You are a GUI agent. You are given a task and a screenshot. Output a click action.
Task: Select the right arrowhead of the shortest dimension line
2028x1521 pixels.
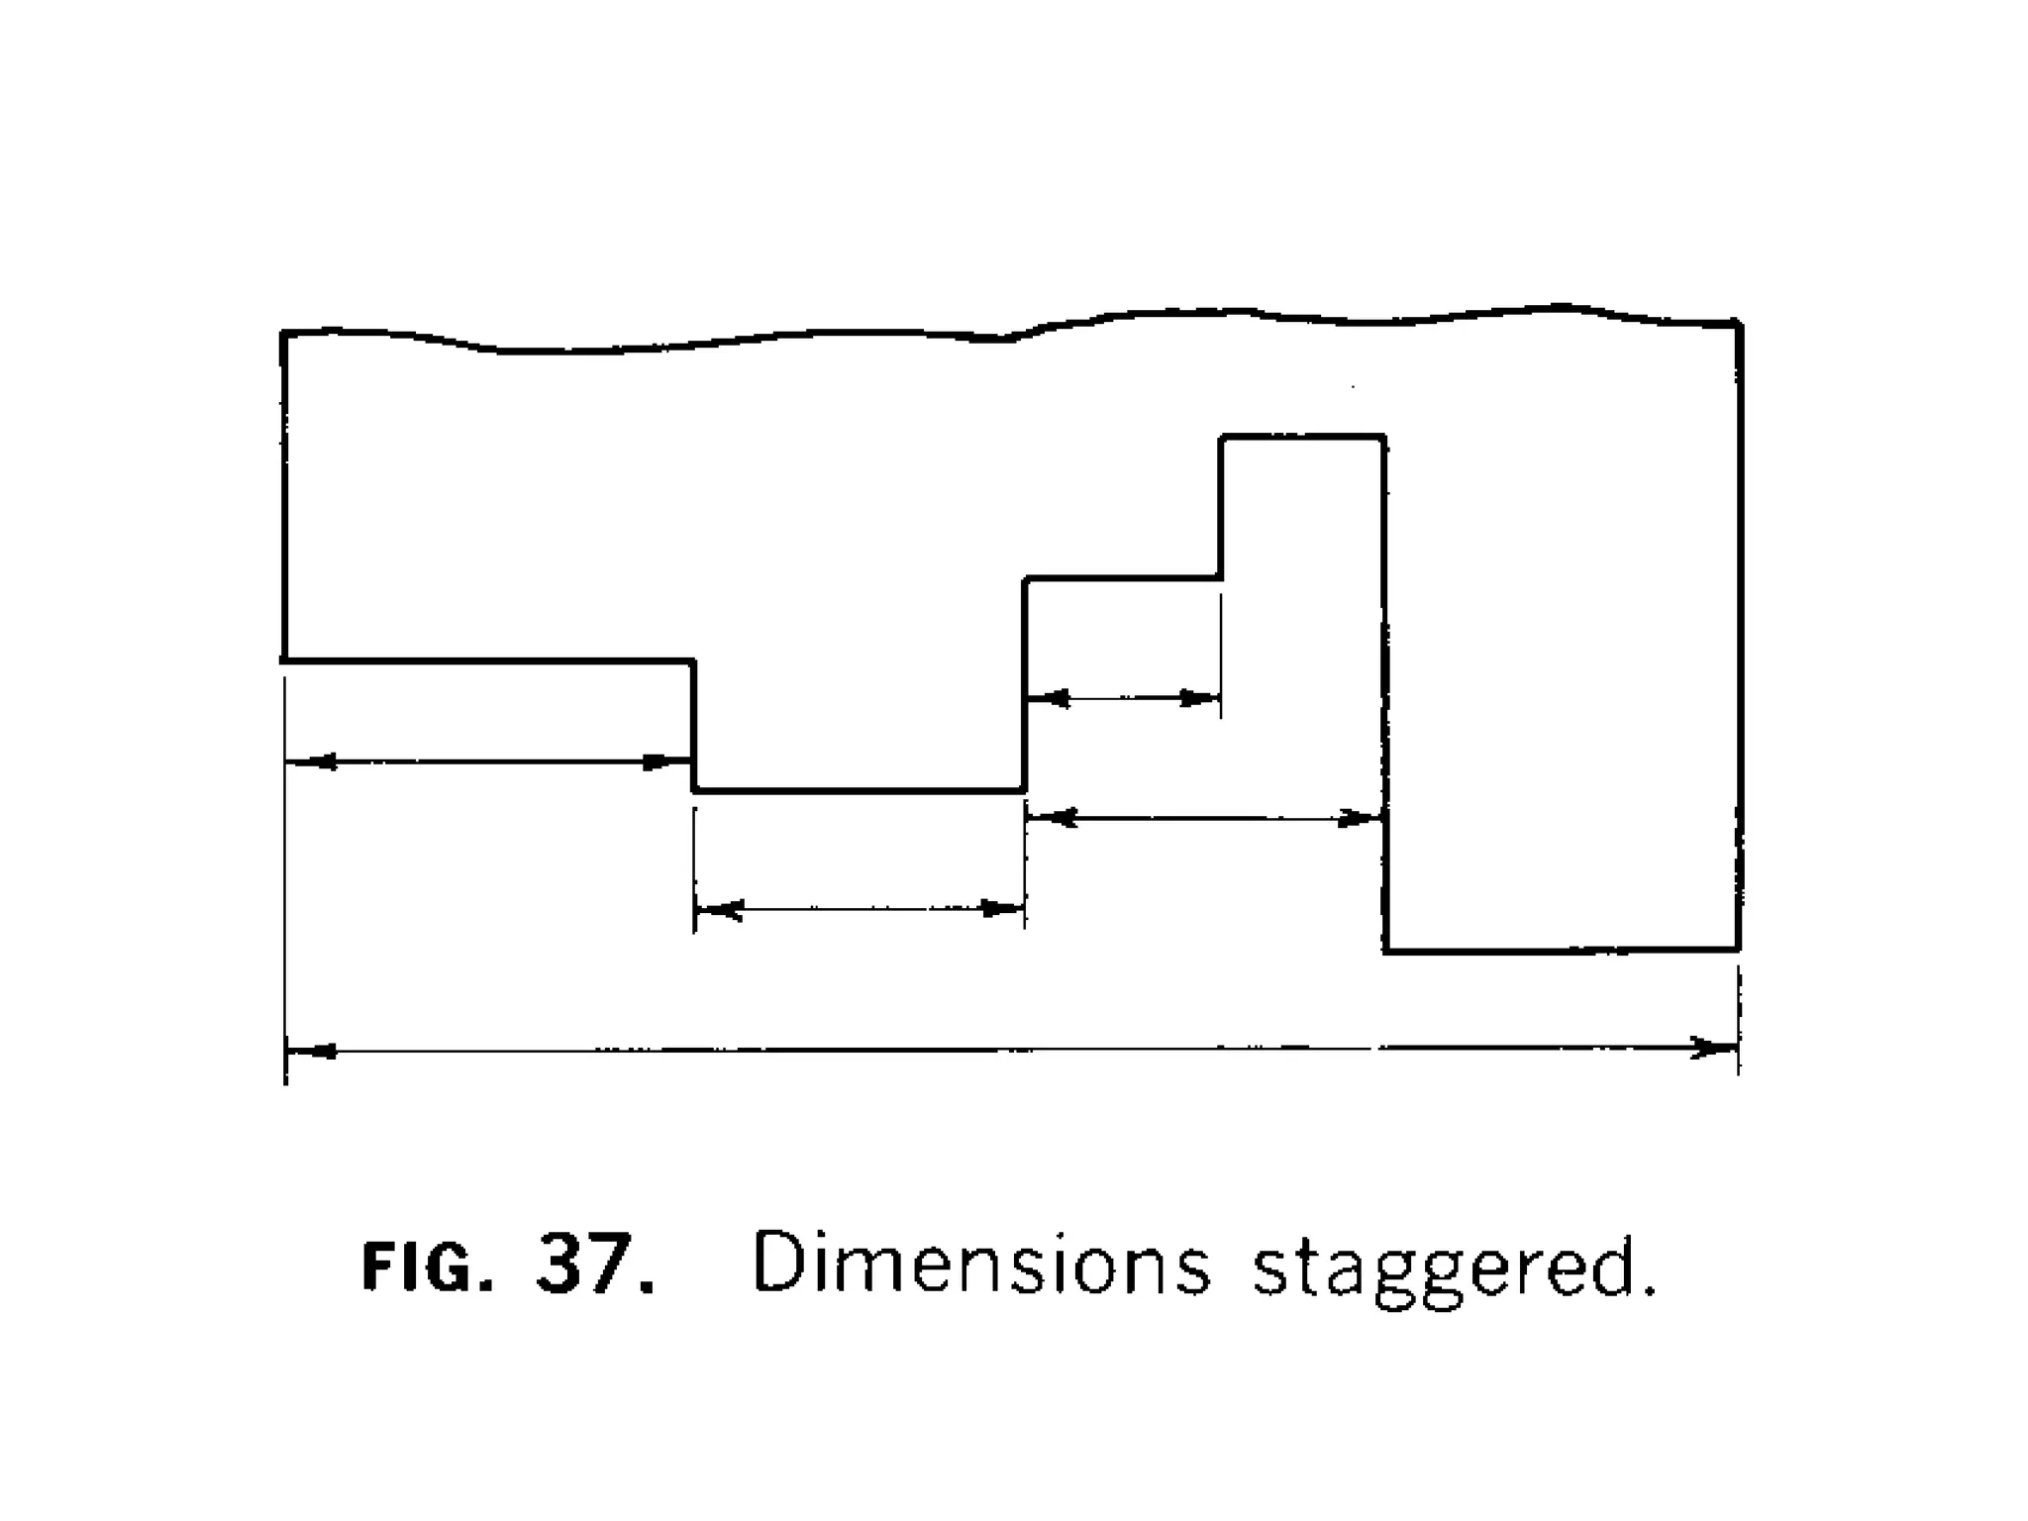(1198, 699)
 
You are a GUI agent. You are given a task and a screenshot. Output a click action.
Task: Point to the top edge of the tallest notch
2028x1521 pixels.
(1302, 436)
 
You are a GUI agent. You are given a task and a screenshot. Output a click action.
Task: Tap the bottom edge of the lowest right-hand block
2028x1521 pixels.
(1562, 951)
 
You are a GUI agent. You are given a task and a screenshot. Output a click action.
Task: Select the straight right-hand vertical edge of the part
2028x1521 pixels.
(1739, 634)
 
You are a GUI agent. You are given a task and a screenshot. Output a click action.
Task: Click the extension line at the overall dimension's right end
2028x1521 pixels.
(1739, 1020)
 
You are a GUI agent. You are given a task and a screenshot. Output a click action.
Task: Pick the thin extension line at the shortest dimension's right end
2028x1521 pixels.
(1221, 654)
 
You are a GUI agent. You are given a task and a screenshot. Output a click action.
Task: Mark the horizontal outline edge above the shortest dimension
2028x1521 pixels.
(1122, 578)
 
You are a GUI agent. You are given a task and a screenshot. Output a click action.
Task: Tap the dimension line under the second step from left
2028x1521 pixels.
(860, 909)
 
